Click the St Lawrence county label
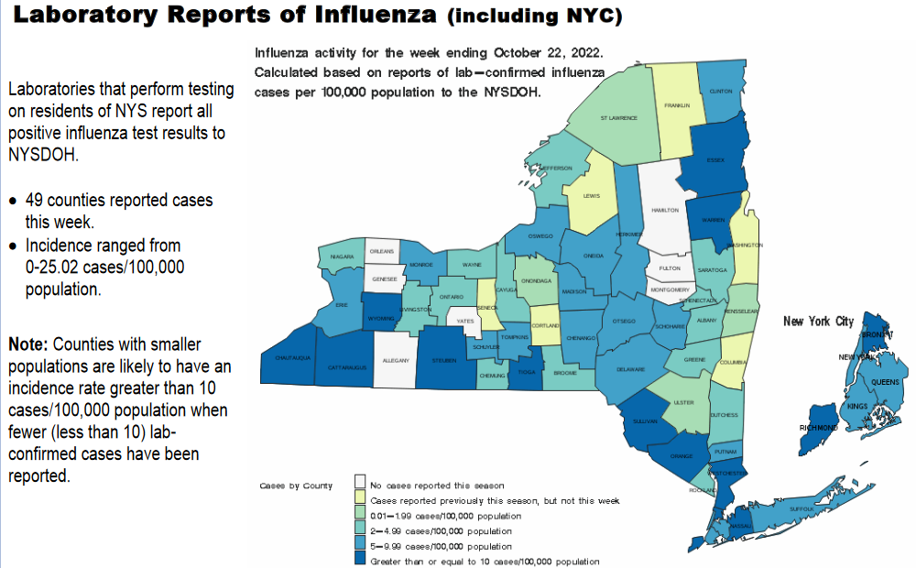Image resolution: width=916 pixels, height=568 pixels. click(618, 118)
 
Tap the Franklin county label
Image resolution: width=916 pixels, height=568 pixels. click(677, 105)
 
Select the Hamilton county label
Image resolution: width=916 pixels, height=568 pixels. click(665, 210)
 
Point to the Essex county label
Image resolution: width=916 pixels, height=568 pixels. click(715, 159)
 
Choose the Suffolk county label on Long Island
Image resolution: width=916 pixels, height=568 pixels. click(801, 507)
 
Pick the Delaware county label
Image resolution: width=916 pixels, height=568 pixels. click(631, 368)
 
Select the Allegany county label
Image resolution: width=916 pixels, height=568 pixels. click(397, 362)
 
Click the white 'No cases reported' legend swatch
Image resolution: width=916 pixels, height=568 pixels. click(362, 485)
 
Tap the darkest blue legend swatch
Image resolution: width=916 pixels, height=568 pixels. click(362, 560)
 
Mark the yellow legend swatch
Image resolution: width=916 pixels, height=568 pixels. click(362, 500)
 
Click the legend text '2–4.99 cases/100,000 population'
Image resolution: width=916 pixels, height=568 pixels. click(441, 530)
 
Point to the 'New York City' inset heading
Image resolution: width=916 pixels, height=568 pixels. click(818, 322)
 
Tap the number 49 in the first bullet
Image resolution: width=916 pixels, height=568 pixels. click(34, 201)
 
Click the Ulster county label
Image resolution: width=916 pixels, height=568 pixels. click(683, 402)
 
